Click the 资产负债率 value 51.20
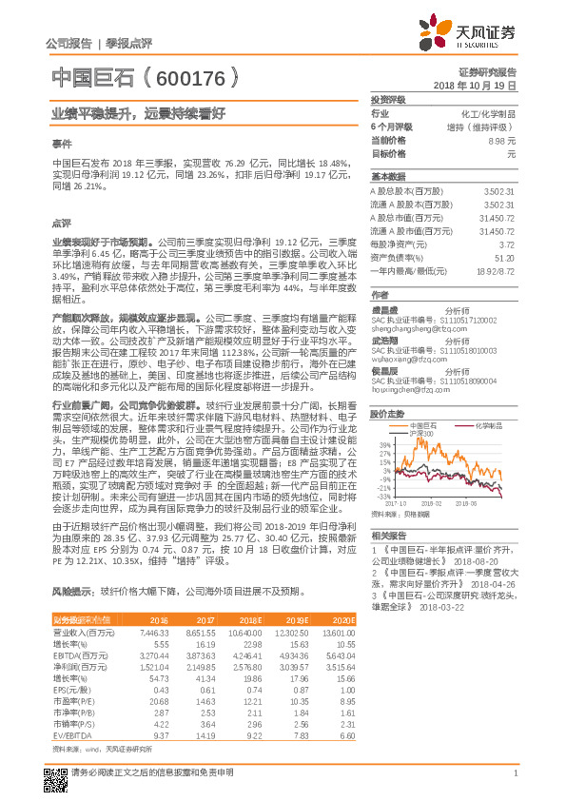click(x=504, y=257)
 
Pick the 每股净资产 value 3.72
click(x=506, y=244)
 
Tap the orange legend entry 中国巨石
click(x=420, y=398)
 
